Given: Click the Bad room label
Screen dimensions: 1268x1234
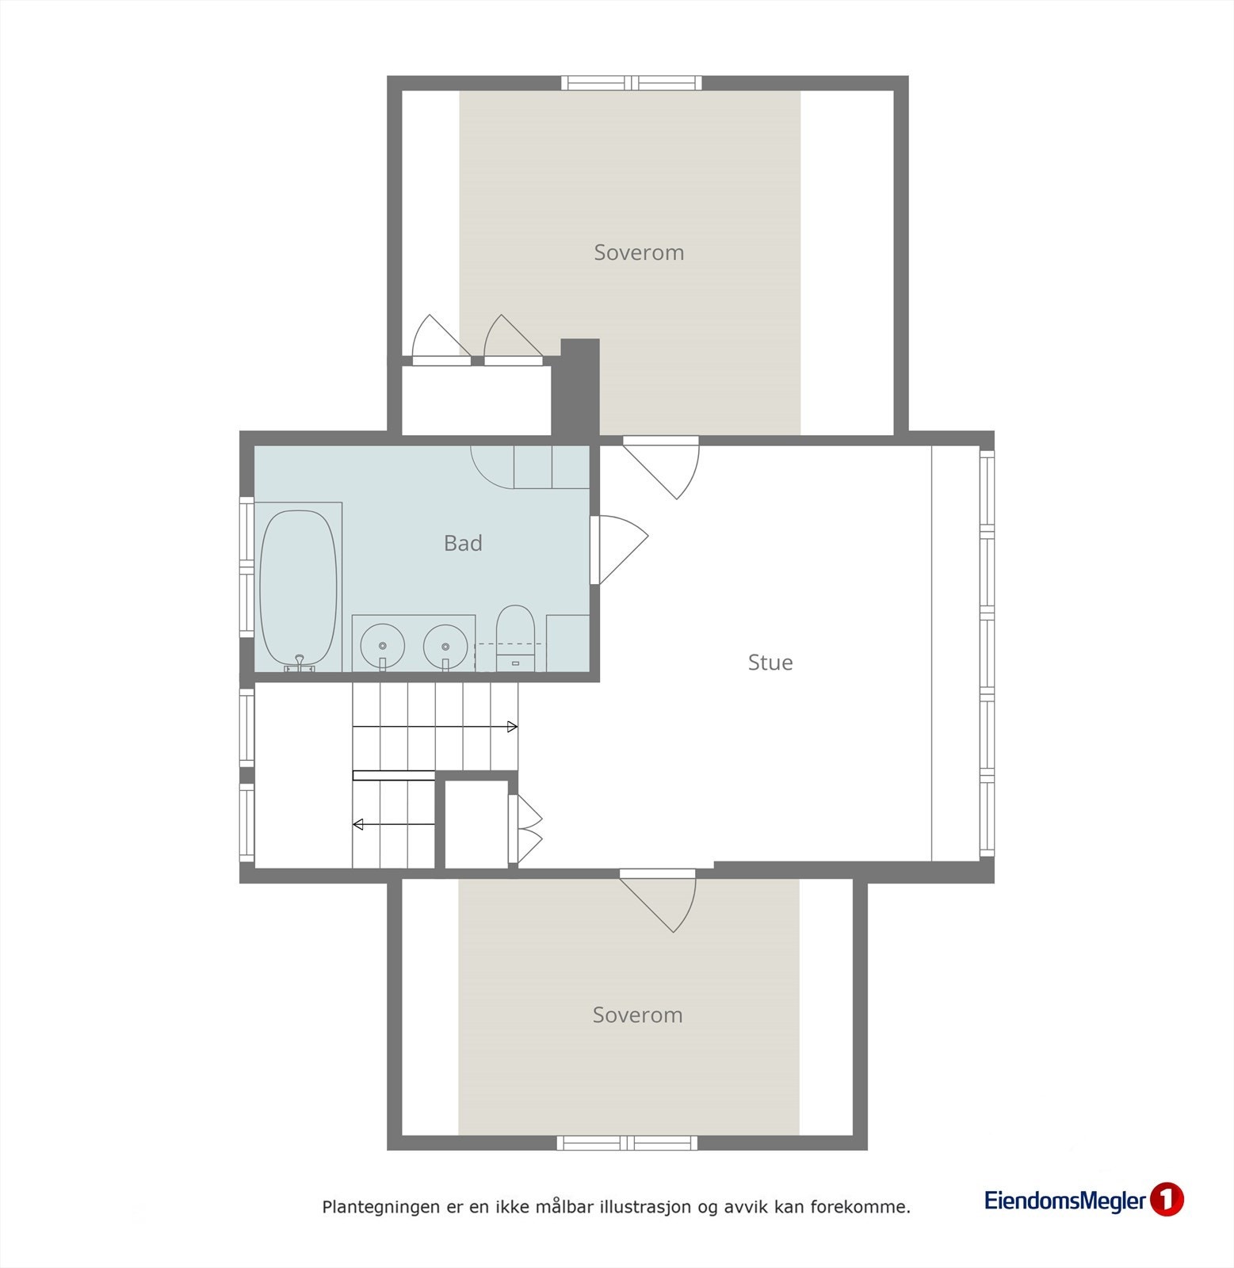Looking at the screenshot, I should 463,544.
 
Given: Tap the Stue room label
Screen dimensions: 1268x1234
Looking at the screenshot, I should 770,663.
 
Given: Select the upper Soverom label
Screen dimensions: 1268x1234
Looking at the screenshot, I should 639,253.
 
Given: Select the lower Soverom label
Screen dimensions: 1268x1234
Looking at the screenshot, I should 637,1015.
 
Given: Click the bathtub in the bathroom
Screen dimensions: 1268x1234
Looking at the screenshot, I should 297,587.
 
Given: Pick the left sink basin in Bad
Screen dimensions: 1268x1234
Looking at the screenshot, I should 383,644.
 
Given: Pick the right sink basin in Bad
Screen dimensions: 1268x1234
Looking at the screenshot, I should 445,644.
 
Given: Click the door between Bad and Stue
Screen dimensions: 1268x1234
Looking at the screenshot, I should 618,550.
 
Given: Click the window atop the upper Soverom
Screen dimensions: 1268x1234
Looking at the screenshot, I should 632,82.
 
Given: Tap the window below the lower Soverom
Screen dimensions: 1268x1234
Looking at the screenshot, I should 627,1143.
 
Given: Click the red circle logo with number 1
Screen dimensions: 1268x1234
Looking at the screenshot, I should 1167,1200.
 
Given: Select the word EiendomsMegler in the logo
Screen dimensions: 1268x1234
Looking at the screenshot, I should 1064,1201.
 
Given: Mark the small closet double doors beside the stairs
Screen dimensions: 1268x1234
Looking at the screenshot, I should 527,829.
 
